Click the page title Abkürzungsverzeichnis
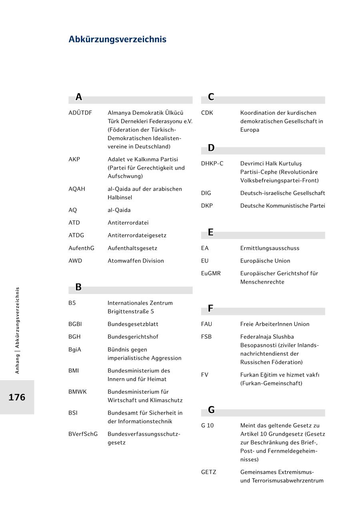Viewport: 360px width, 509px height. coord(117,39)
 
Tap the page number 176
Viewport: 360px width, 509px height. coord(17,397)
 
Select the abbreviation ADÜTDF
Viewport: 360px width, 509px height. coord(80,113)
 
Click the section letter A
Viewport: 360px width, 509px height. coord(79,97)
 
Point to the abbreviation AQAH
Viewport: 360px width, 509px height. coord(77,189)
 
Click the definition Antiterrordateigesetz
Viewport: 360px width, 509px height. coord(137,235)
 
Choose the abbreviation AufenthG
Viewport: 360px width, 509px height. coord(81,248)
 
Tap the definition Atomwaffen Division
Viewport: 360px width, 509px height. coord(136,261)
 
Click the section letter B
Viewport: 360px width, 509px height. coord(78,287)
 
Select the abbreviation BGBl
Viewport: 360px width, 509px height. coord(75,324)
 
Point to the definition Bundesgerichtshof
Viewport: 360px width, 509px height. coord(133,337)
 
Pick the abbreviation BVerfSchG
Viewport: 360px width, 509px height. coord(83,434)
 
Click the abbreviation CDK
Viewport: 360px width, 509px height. coord(207,113)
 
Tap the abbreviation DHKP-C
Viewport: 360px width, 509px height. coord(212,163)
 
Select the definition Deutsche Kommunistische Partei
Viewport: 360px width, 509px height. coord(282,206)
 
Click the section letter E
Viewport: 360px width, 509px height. coord(211,232)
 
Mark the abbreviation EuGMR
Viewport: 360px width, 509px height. coord(211,273)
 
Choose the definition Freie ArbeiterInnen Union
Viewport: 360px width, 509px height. coord(274,324)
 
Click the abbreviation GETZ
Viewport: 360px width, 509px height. coord(208,472)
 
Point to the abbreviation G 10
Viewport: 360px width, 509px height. coord(207,425)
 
